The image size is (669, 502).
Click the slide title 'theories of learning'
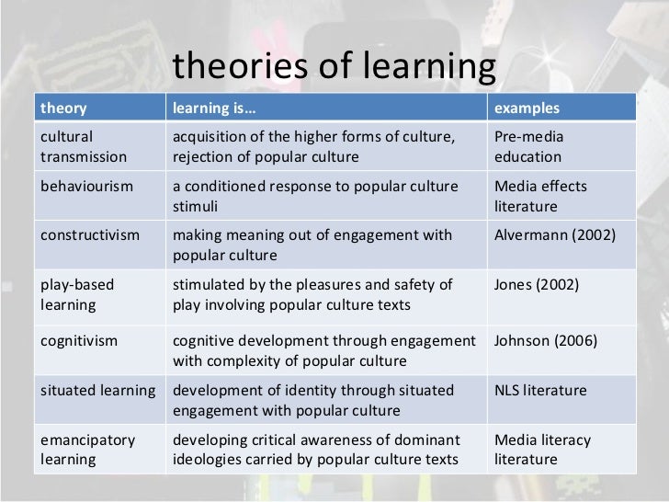click(334, 66)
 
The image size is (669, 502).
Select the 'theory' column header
click(63, 108)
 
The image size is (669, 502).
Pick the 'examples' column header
click(527, 108)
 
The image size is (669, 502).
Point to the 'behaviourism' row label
click(86, 187)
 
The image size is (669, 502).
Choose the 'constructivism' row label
click(90, 235)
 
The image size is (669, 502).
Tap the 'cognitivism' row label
click(79, 341)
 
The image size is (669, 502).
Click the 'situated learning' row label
click(97, 391)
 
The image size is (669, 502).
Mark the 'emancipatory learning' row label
click(87, 450)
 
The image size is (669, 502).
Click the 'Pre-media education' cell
click(529, 146)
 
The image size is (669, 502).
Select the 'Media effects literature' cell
click(540, 196)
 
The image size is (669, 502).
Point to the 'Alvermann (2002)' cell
click(555, 235)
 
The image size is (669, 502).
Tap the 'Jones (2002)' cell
click(537, 285)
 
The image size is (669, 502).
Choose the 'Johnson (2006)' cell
click(546, 341)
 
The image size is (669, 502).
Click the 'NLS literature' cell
click(540, 391)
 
